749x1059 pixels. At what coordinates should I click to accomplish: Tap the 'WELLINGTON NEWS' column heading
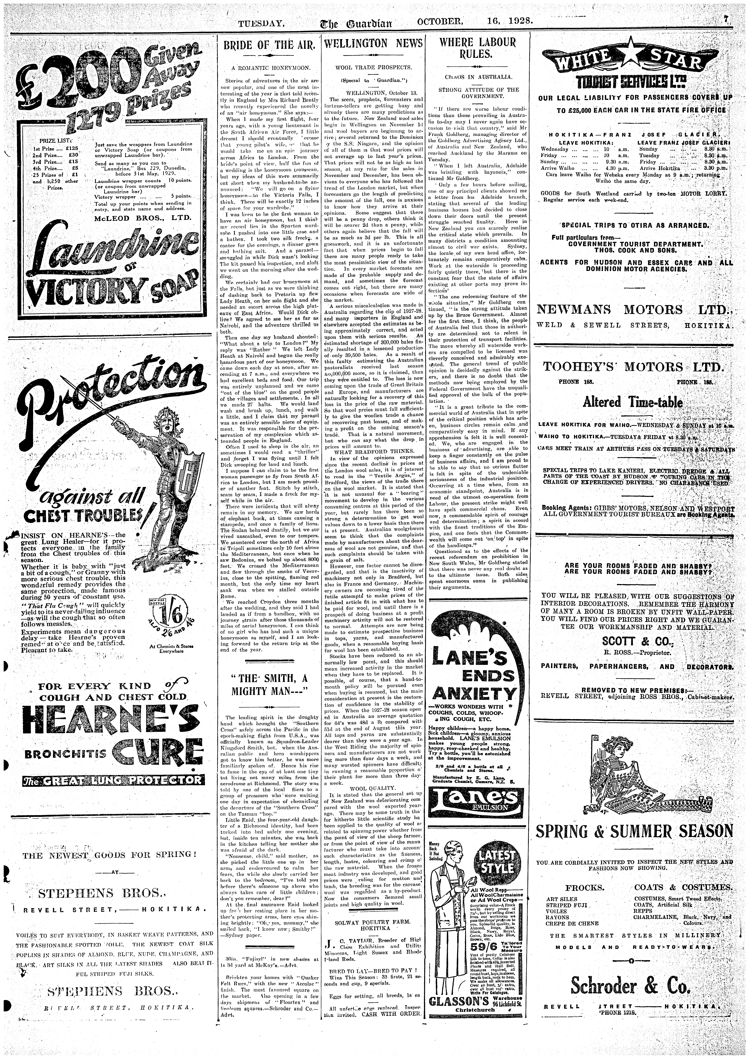tap(373, 44)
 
